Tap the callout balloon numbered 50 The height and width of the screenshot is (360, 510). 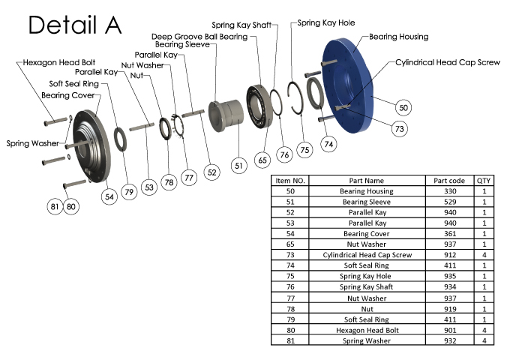click(x=403, y=108)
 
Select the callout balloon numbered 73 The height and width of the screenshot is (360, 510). click(x=400, y=130)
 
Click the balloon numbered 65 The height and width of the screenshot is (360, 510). click(x=262, y=159)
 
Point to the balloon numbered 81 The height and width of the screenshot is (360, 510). click(x=54, y=205)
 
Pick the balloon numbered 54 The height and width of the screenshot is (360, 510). click(x=109, y=196)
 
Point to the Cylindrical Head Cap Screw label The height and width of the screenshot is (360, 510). click(x=448, y=62)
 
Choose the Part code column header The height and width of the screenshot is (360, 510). click(x=450, y=181)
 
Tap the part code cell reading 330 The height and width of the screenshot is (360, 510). click(x=450, y=191)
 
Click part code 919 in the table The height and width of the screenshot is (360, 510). click(x=450, y=308)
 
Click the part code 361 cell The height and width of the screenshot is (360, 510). click(x=450, y=234)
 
